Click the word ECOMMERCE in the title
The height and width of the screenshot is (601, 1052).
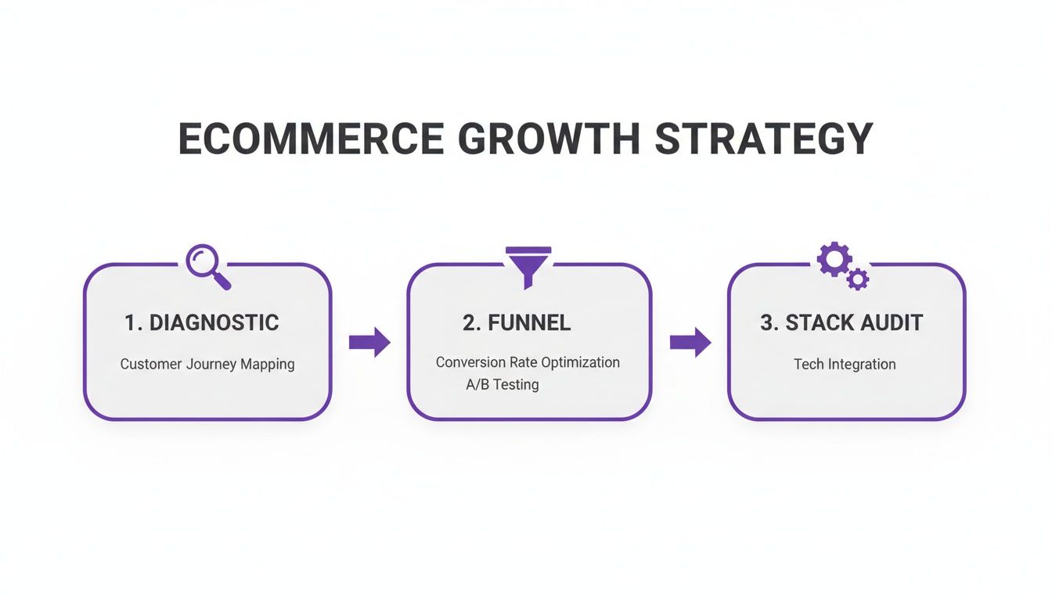[x=311, y=139]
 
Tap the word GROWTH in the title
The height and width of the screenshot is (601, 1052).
[x=549, y=139]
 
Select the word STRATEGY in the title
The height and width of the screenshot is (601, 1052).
[x=764, y=139]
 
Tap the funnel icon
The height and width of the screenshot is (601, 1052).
[x=529, y=265]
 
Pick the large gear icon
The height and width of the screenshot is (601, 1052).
[x=834, y=258]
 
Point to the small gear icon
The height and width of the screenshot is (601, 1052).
[x=859, y=279]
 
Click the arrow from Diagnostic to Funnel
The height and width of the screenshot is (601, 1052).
[x=369, y=342]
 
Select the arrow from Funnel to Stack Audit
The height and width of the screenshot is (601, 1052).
[x=690, y=342]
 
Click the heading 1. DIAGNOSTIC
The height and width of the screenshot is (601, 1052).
[x=201, y=322]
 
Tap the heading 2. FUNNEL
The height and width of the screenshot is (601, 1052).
[x=517, y=322]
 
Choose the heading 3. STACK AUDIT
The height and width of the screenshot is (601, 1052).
[x=841, y=322]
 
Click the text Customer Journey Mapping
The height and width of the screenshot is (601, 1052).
[x=207, y=364]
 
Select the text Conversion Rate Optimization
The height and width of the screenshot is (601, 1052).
[x=528, y=362]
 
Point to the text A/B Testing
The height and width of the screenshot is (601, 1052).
[x=502, y=385]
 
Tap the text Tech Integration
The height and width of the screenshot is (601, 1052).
[x=845, y=364]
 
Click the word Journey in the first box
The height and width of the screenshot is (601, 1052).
[x=207, y=365]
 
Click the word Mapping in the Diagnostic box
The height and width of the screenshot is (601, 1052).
[x=268, y=365]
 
